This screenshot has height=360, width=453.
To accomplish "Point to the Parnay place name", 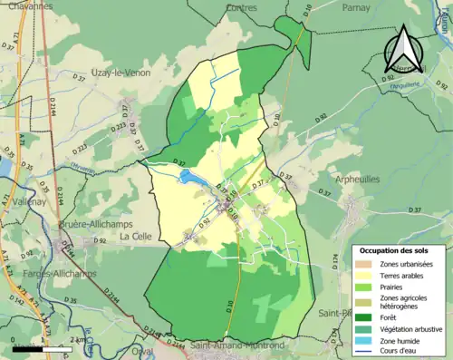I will coord(356,6).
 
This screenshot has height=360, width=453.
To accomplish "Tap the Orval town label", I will coord(140,352).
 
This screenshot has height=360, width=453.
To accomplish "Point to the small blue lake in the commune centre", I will coord(193,178).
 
